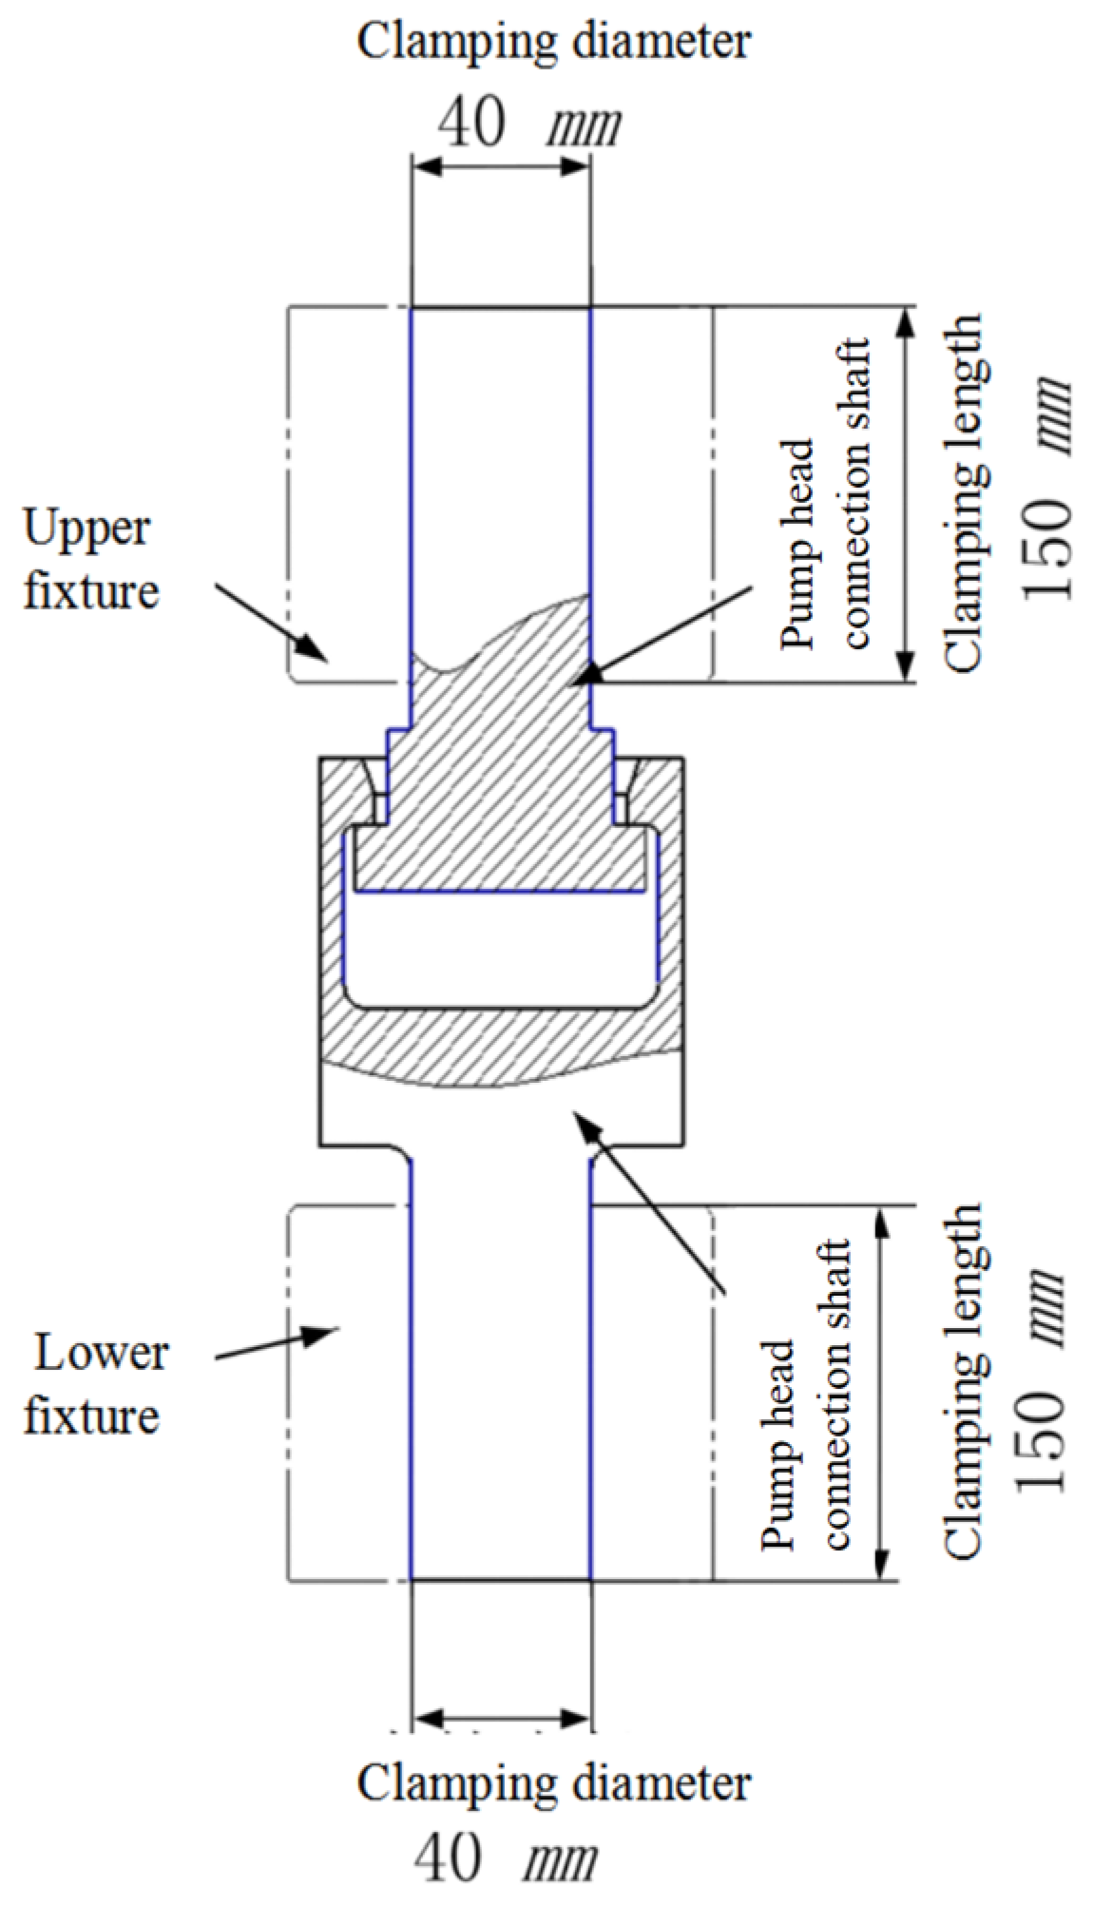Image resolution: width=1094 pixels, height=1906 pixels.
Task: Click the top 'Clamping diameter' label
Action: pyautogui.click(x=553, y=43)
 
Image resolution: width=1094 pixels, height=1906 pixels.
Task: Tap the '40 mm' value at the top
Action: pyautogui.click(x=528, y=124)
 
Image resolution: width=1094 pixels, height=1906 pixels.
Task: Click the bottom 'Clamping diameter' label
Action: pyautogui.click(x=553, y=1784)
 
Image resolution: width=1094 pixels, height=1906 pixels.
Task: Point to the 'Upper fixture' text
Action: pyautogui.click(x=90, y=561)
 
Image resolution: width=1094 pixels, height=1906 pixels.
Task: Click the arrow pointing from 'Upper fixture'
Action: pyautogui.click(x=271, y=622)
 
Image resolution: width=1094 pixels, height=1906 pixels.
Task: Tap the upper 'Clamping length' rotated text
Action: pyautogui.click(x=962, y=494)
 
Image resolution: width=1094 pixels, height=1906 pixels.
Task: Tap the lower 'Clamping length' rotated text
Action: pyautogui.click(x=962, y=1383)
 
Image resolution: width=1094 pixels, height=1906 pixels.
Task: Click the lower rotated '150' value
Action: pyautogui.click(x=1041, y=1440)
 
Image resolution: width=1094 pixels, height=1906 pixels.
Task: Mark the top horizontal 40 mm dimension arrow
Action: pyautogui.click(x=501, y=167)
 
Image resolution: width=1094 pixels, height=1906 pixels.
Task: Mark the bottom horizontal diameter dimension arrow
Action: pyautogui.click(x=501, y=1719)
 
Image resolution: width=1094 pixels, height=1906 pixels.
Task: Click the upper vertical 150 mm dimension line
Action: pyautogui.click(x=906, y=494)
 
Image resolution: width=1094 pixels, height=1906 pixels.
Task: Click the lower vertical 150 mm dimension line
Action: pyautogui.click(x=883, y=1394)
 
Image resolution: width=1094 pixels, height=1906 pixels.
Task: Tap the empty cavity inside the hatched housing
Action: pyautogui.click(x=499, y=946)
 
